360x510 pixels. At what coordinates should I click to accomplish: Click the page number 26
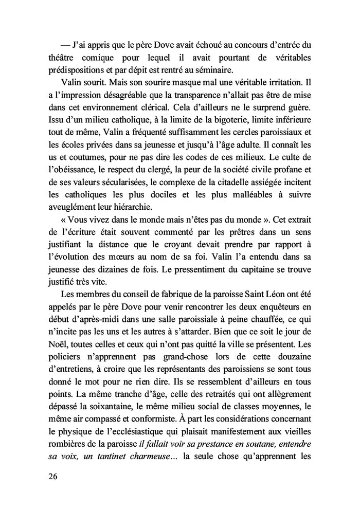50,476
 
